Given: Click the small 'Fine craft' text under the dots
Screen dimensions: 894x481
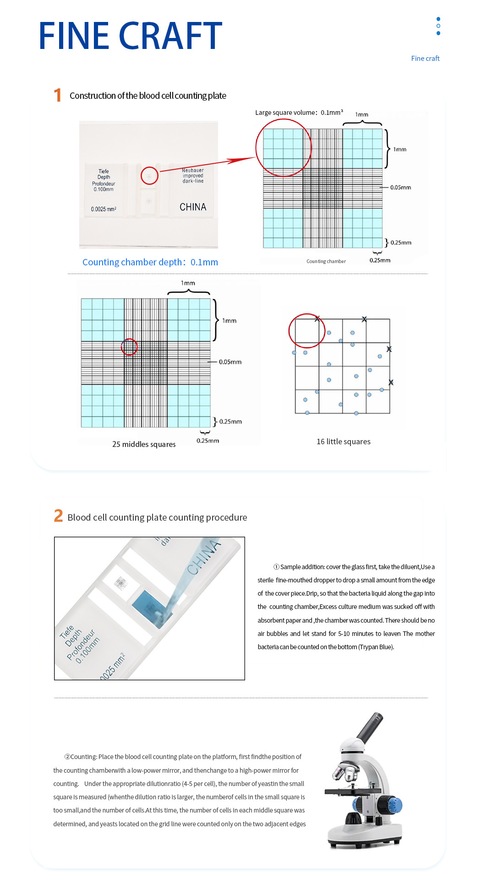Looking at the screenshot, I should pos(425,59).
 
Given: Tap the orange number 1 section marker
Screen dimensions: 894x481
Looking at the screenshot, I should pos(57,95).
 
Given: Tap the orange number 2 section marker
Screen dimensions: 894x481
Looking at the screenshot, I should pos(58,516).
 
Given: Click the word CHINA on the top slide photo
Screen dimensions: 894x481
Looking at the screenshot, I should pos(193,207).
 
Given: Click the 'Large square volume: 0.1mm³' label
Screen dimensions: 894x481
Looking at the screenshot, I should pos(299,113).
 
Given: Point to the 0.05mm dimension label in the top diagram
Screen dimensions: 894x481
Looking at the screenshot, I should pos(400,188).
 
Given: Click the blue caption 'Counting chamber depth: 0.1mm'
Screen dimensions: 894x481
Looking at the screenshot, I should pos(150,262).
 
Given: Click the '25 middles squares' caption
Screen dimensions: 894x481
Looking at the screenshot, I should pos(144,444).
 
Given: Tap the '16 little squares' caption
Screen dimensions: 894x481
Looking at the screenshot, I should pos(344,442).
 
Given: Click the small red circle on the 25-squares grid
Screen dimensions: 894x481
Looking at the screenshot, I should pos(129,347).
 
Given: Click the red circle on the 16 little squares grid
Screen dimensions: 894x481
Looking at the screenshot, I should pos(306,330).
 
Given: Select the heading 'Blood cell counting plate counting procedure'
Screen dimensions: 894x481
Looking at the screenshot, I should pos(157,517).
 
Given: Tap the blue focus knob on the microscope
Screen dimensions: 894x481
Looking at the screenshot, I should pos(394,804).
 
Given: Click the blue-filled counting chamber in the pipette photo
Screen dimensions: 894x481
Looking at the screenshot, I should pos(149,607).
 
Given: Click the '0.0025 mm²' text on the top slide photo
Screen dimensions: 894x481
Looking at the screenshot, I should pos(104,209).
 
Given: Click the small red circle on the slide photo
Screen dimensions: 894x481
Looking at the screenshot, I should pos(149,176).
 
